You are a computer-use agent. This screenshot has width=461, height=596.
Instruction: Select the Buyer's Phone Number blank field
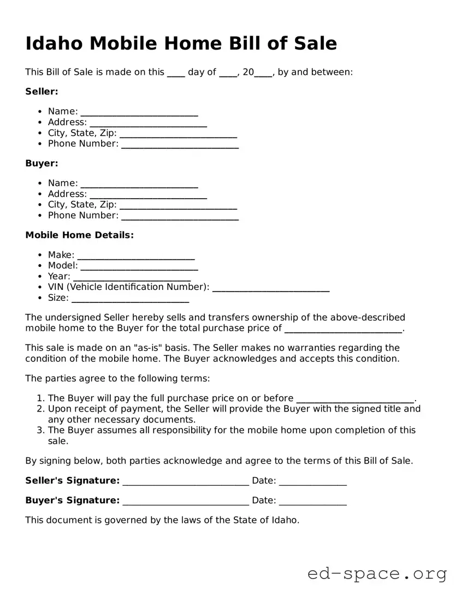click(x=180, y=216)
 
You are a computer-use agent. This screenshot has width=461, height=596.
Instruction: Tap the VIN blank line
click(x=270, y=288)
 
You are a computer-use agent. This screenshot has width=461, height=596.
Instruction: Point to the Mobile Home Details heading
click(x=79, y=235)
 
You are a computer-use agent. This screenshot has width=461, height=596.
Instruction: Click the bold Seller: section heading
click(x=42, y=92)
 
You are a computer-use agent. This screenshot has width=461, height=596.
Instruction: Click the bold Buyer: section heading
click(x=42, y=163)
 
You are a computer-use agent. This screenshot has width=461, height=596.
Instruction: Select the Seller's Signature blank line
click(x=186, y=481)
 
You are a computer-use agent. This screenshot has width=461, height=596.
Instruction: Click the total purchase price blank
click(x=343, y=329)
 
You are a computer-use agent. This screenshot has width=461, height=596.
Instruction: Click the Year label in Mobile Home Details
click(x=58, y=277)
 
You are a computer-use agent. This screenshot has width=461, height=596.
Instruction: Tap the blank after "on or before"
click(x=355, y=399)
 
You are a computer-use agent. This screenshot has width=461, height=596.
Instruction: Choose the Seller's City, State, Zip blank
click(x=178, y=134)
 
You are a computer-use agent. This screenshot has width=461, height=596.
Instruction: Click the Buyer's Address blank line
click(x=148, y=195)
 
